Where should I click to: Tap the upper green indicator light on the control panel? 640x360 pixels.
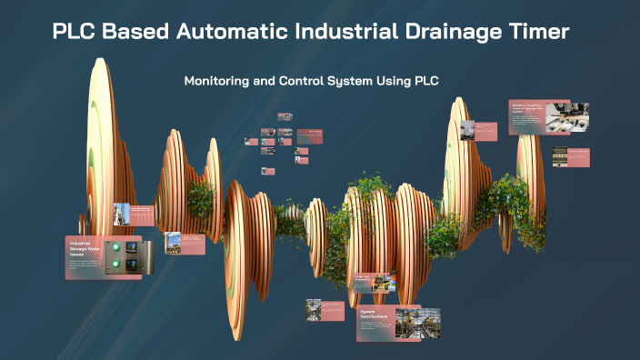[x=115, y=247]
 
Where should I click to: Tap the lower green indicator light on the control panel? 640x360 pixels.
[x=115, y=265]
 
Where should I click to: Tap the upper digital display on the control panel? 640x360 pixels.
[x=132, y=247]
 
